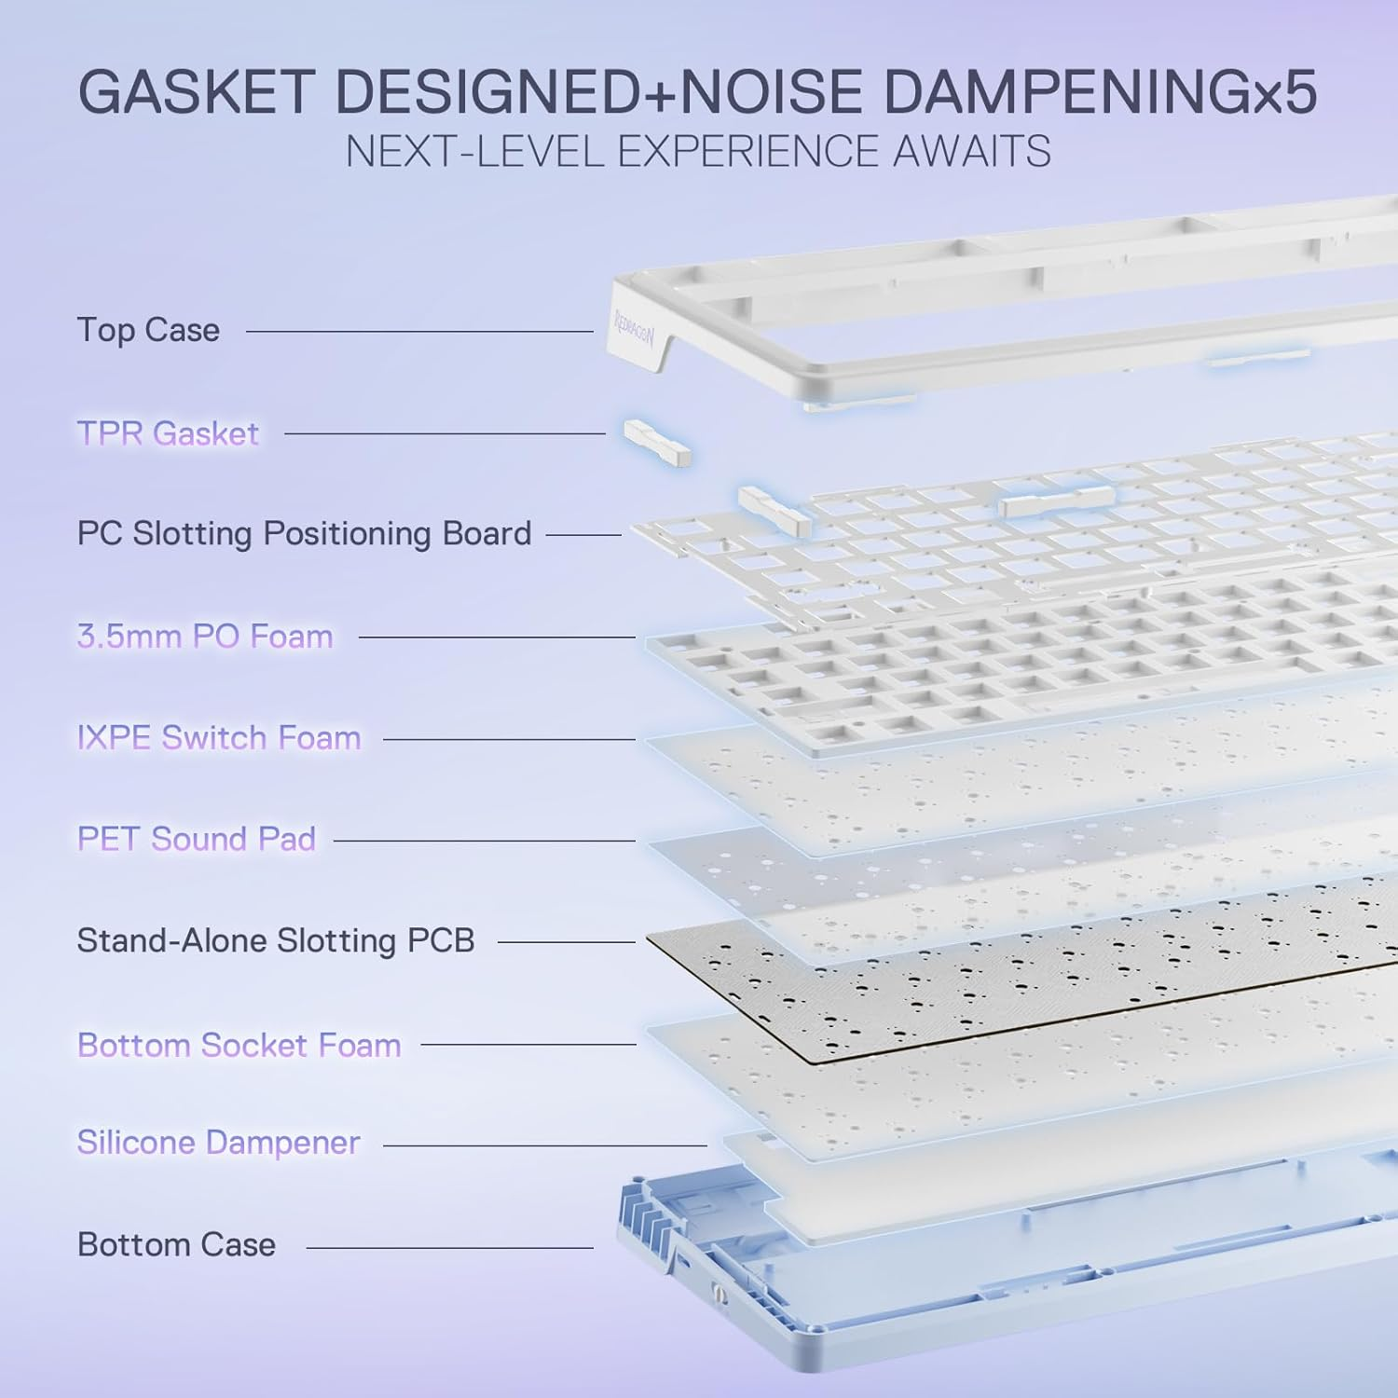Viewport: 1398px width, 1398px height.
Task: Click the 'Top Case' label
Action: (148, 330)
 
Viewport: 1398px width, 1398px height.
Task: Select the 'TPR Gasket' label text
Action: (168, 433)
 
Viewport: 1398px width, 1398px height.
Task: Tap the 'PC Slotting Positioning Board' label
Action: (304, 534)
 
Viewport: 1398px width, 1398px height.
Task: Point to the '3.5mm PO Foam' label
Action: (205, 637)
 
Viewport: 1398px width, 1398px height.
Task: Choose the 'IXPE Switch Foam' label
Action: (219, 738)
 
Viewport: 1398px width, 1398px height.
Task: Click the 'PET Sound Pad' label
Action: (197, 839)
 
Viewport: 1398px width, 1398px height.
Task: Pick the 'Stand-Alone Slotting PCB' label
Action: (276, 940)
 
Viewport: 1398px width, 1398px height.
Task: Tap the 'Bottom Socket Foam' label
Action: (240, 1045)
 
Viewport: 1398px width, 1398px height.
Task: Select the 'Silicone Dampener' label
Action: (218, 1143)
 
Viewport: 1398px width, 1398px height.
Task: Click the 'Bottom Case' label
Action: (176, 1244)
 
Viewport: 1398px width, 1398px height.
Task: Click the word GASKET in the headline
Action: (198, 92)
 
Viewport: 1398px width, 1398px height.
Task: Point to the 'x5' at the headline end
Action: (1285, 96)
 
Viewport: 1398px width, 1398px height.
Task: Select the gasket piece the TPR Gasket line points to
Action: (658, 442)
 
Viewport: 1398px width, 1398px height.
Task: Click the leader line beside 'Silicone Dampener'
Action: (545, 1145)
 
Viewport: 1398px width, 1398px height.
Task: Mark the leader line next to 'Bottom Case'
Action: (450, 1247)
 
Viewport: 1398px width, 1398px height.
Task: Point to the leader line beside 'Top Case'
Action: (420, 331)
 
